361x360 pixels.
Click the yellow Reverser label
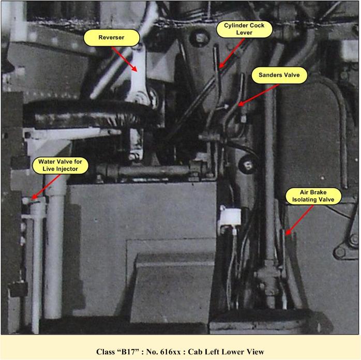tap(111, 38)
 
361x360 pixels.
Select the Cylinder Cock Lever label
tap(244, 29)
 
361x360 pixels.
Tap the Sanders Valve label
tap(279, 75)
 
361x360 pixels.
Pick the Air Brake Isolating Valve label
tap(313, 196)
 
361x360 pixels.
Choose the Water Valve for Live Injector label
tap(60, 166)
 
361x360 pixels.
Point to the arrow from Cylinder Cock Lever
tap(231, 53)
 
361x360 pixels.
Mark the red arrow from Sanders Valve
tap(258, 95)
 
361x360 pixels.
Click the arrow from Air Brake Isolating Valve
tap(299, 220)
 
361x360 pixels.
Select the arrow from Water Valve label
tap(46, 187)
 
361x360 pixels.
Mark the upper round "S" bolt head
tap(200, 38)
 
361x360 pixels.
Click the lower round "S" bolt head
tap(248, 164)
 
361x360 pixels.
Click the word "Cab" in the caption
tap(194, 352)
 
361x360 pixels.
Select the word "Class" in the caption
tap(106, 352)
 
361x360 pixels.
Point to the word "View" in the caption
tap(257, 352)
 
